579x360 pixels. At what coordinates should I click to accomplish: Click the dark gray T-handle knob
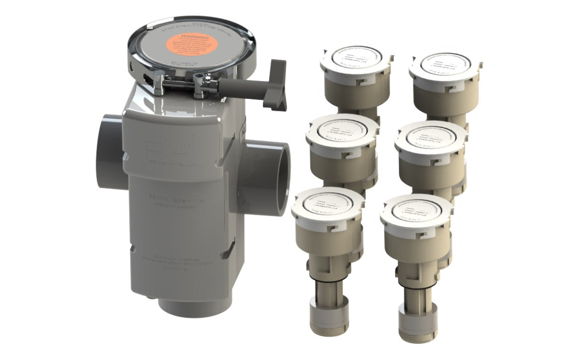click(x=275, y=85)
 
